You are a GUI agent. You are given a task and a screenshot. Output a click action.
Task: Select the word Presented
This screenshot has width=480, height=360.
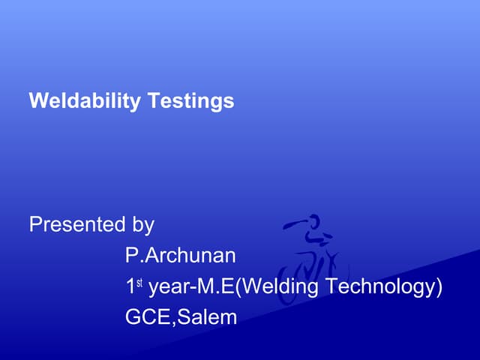[76, 224]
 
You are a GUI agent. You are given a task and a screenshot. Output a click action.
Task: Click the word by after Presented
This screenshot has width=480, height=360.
[143, 224]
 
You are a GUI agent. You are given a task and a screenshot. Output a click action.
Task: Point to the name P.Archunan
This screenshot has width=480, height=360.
[180, 256]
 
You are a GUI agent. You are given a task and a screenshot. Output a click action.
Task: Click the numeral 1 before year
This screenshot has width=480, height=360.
[130, 286]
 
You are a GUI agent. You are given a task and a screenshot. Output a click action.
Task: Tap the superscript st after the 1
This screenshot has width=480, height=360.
[141, 282]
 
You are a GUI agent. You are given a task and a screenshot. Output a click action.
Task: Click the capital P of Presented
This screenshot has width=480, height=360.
[35, 224]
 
